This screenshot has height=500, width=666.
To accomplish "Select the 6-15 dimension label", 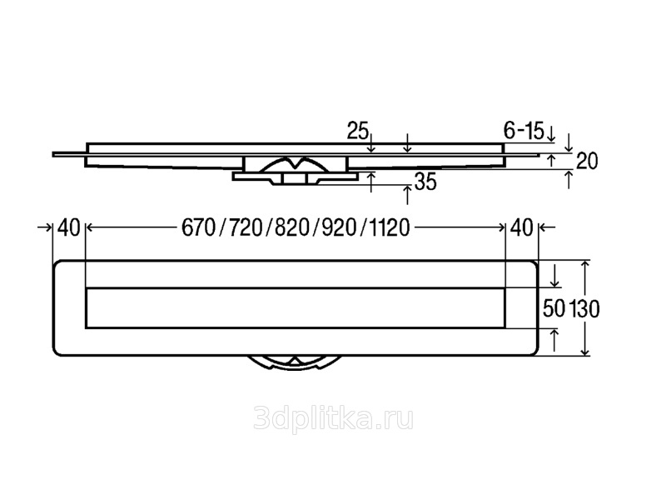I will (523, 130).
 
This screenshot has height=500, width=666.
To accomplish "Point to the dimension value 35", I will (425, 182).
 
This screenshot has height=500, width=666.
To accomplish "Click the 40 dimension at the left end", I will (69, 227).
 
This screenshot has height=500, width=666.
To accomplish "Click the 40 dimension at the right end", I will (521, 227).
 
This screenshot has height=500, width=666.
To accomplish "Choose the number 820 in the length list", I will (285, 227).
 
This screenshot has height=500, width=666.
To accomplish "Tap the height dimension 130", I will (584, 308).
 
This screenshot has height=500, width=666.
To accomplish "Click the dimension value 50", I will (554, 308).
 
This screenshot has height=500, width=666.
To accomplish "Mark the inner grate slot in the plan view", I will (296, 308).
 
